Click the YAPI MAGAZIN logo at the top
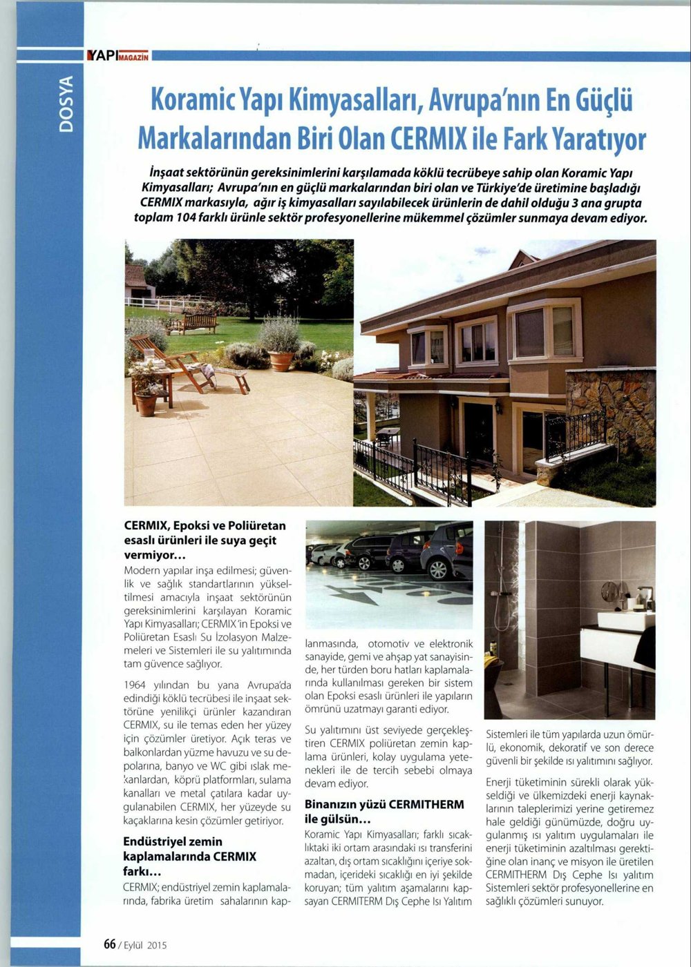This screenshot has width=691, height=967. coord(116,56)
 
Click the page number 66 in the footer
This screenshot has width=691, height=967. coord(109,945)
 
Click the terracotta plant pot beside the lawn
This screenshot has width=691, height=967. coord(281,360)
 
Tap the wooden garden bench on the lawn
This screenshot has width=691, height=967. coord(198,322)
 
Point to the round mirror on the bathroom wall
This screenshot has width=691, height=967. coord(609,591)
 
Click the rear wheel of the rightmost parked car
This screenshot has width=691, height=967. coord(437,569)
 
